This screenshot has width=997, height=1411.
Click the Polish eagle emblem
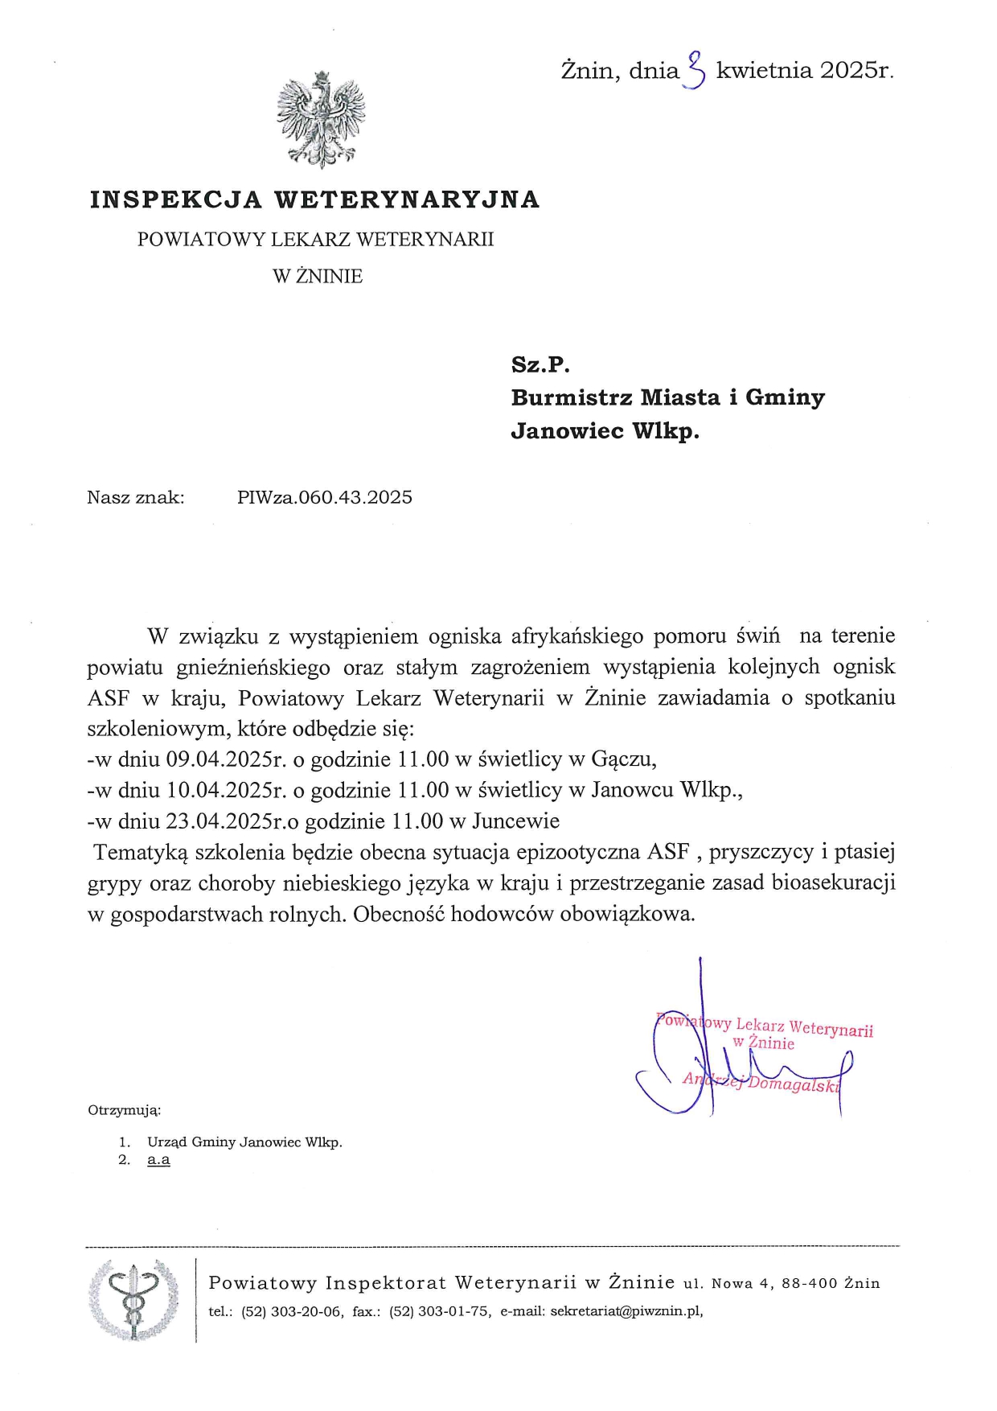point(321,118)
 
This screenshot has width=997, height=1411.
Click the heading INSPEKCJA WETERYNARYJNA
point(314,200)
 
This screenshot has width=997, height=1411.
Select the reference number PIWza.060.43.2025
point(325,497)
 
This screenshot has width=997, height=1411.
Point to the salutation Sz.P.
point(540,364)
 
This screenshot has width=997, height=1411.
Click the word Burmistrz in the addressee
point(570,397)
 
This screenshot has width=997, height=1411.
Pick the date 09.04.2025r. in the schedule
point(226,759)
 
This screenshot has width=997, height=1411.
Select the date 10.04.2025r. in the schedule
point(226,790)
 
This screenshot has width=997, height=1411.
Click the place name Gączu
point(623,759)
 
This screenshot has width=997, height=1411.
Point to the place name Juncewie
point(515,821)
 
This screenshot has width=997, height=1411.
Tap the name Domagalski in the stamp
point(794,1084)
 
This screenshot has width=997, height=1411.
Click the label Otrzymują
point(124,1110)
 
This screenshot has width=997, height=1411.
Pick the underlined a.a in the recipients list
point(158,1160)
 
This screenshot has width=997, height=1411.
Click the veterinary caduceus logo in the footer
point(133,1300)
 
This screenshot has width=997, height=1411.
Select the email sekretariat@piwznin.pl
point(626,1311)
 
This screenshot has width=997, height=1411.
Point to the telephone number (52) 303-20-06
point(293,1311)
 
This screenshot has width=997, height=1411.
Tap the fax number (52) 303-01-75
point(440,1311)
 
